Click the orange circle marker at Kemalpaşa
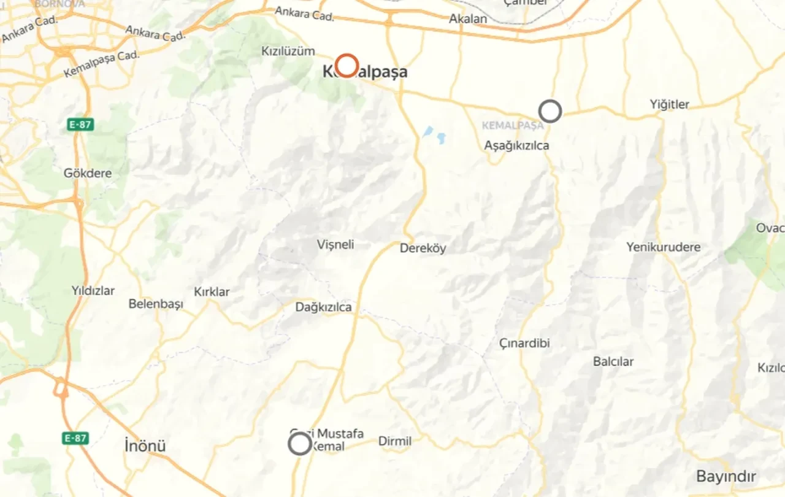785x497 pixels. point(347,65)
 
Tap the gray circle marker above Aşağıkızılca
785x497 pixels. point(550,111)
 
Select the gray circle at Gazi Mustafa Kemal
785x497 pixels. point(300,443)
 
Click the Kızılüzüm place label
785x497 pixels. point(288,51)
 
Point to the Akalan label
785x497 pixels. point(468,19)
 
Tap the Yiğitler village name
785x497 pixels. point(670,104)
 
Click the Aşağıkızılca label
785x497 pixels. point(516,146)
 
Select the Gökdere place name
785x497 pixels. point(88,173)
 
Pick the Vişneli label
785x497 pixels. point(335,245)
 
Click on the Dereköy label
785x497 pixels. point(423,248)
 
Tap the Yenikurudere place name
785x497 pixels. point(664,247)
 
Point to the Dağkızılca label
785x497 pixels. point(324,307)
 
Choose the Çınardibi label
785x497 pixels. point(524,343)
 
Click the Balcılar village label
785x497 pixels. point(613,361)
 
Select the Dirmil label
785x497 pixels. point(395,441)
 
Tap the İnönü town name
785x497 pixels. point(145,445)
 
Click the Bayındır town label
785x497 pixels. point(726,476)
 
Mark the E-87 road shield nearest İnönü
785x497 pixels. point(75,438)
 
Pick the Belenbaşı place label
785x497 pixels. point(156,304)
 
